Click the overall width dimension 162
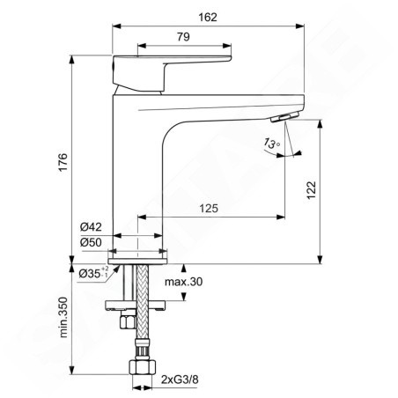pyautogui.click(x=208, y=18)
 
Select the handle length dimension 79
pyautogui.click(x=183, y=37)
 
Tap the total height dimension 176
pyautogui.click(x=63, y=162)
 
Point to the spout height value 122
pyautogui.click(x=312, y=190)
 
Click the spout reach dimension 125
pyautogui.click(x=209, y=209)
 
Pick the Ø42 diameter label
pyautogui.click(x=91, y=227)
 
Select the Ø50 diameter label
pyautogui.click(x=91, y=242)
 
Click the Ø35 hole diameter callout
pyautogui.click(x=93, y=273)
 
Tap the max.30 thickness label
pyautogui.click(x=183, y=282)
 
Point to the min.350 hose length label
pyautogui.click(x=63, y=317)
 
